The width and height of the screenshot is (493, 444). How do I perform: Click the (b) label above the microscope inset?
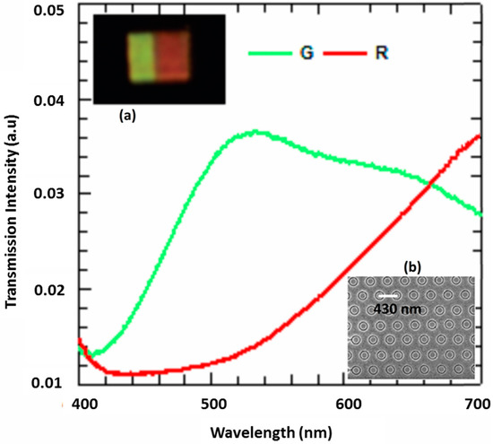[x=412, y=267]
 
